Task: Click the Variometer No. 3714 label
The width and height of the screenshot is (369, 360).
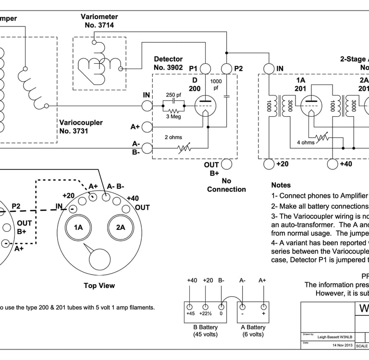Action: tap(99, 21)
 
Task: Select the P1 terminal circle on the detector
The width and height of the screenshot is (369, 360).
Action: tap(205, 69)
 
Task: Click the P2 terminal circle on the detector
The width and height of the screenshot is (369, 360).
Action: tap(227, 69)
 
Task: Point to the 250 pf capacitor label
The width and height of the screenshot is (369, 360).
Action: tap(173, 95)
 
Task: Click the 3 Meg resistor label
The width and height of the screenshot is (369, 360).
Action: tap(173, 116)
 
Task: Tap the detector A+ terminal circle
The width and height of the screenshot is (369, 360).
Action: tap(147, 127)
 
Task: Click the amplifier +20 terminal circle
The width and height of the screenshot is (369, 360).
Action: tap(269, 164)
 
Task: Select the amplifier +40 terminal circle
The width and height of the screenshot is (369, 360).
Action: tap(332, 164)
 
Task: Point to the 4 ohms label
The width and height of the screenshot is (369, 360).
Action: tap(305, 142)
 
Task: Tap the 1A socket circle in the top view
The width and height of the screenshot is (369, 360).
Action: tap(78, 228)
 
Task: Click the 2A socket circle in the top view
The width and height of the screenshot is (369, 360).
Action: tap(121, 228)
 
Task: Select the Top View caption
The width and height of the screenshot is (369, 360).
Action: tap(99, 286)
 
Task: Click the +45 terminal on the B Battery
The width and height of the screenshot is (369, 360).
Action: tap(190, 307)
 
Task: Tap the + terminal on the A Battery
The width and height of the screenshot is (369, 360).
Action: tap(263, 307)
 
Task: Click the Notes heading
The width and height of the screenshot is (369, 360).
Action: tap(281, 185)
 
